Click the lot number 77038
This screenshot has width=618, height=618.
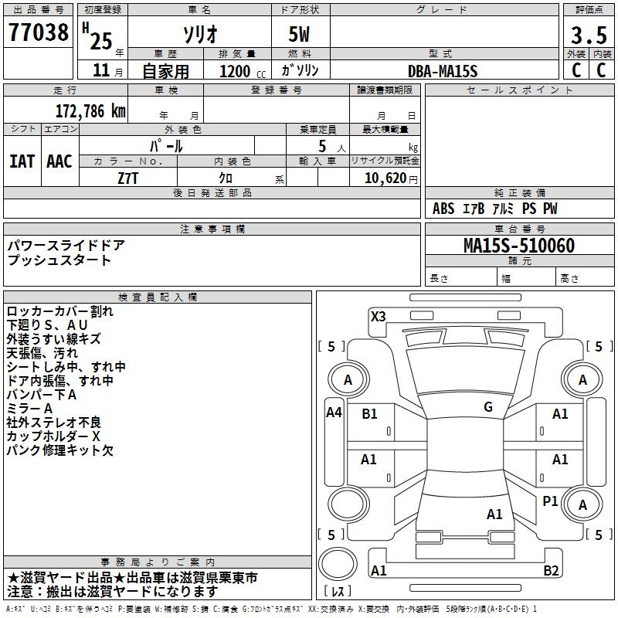[39, 32]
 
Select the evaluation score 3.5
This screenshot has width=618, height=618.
[589, 35]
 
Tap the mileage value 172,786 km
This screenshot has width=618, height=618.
[90, 111]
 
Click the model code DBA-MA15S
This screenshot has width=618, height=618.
[443, 71]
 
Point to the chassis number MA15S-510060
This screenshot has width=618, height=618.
[519, 246]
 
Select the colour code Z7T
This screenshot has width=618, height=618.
[127, 178]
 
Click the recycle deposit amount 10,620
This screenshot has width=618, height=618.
[385, 178]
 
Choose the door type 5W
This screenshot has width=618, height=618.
[299, 35]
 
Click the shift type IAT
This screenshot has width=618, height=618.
[22, 161]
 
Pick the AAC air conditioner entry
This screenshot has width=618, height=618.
[59, 161]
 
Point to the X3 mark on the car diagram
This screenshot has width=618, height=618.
[378, 317]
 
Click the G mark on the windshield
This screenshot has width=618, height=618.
[488, 407]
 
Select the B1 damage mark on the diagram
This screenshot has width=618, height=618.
[369, 414]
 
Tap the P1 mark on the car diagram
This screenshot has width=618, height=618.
[550, 501]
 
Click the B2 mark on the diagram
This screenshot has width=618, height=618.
[551, 570]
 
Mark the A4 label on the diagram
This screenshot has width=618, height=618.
[334, 413]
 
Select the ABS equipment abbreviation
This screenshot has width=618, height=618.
[443, 209]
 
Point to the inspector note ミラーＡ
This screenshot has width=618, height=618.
[29, 409]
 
